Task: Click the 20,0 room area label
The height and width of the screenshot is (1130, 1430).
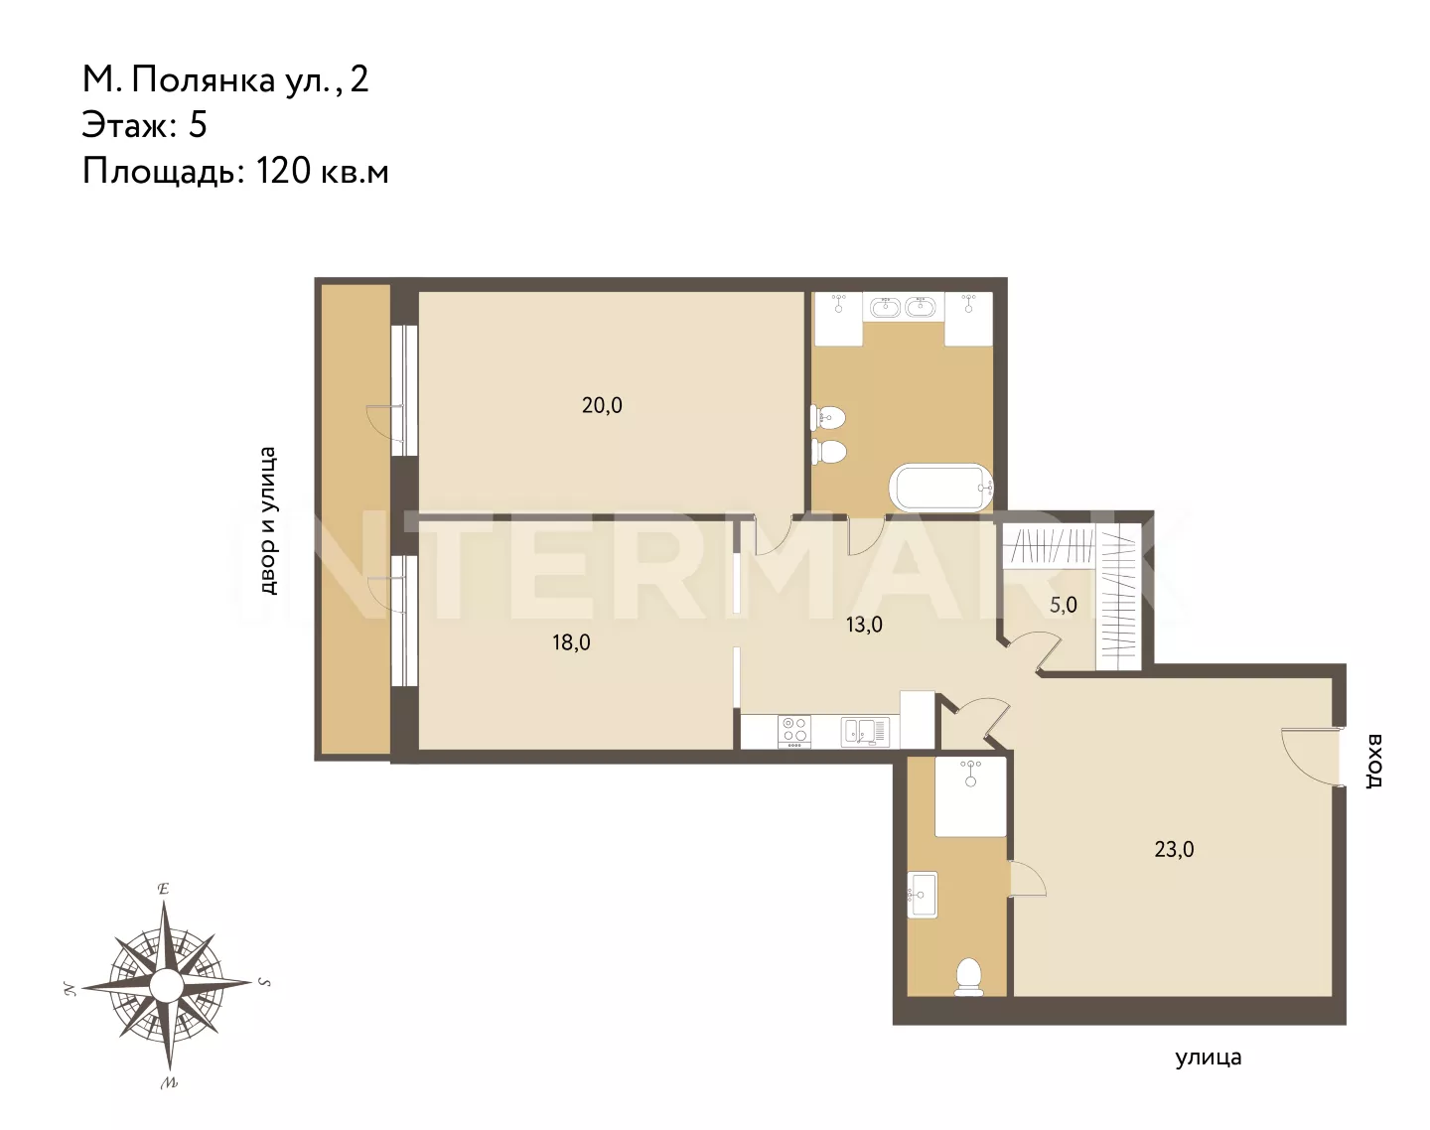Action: [602, 405]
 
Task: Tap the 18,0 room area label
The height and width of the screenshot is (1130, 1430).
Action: [571, 642]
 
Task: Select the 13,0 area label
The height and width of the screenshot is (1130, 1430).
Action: [864, 625]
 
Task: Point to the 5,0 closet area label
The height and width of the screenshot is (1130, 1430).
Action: [1064, 605]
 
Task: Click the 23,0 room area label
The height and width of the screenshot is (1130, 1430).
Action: [1174, 850]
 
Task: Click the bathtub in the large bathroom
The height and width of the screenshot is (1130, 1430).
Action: [942, 488]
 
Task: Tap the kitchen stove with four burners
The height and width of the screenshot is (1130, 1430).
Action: [794, 731]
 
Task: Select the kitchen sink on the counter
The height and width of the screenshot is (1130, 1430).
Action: [865, 732]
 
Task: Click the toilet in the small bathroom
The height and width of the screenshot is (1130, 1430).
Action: [969, 977]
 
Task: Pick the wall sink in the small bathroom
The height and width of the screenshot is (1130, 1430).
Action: [923, 895]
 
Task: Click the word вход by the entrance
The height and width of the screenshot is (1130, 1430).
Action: [1374, 761]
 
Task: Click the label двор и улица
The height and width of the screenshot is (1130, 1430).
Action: [268, 520]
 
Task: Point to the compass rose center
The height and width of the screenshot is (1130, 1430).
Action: [166, 985]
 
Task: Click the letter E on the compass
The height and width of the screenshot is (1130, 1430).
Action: [163, 889]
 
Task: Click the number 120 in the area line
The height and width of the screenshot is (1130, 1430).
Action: [284, 171]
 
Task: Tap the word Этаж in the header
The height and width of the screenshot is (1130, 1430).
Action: [124, 124]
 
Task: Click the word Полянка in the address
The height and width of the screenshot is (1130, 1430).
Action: [204, 79]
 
